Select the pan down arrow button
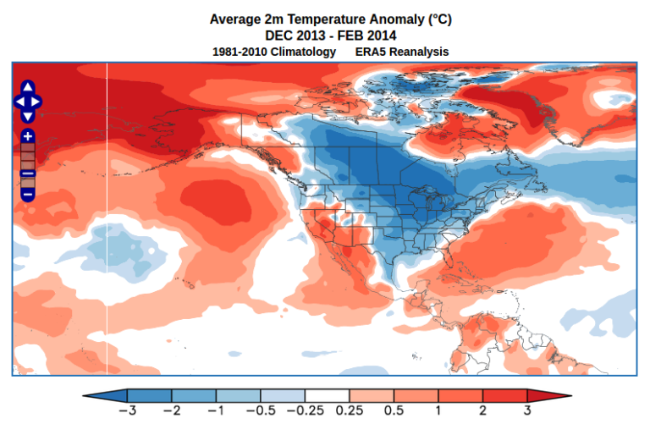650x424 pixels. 27,116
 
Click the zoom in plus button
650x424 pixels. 27,136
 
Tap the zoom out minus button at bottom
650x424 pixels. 27,195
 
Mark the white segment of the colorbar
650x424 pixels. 327,396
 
